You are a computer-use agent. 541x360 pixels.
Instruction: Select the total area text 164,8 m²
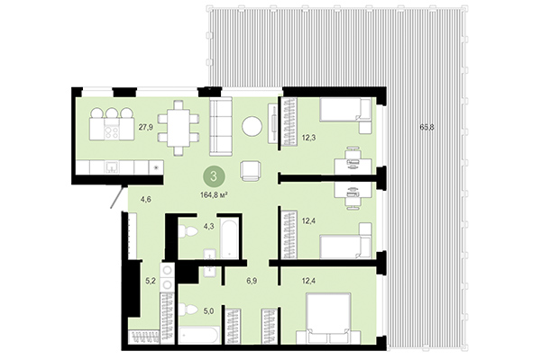tap(214, 191)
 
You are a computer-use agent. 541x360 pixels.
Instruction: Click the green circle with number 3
tap(214, 175)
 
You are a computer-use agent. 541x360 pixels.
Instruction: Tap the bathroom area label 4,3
tap(208, 226)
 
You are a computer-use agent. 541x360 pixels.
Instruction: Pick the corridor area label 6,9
tap(252, 282)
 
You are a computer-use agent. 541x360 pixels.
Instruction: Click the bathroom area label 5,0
tap(207, 311)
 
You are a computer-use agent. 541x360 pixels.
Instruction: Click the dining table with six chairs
tap(179, 123)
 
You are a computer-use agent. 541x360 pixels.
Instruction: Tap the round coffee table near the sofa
tap(252, 127)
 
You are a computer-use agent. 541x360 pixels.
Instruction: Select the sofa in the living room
tap(220, 126)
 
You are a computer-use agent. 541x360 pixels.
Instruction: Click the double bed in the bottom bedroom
tap(328, 319)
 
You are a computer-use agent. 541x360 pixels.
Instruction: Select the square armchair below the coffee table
tap(251, 169)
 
